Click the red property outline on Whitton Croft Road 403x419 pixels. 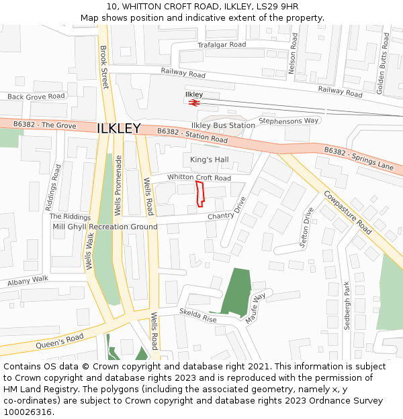pyautogui.click(x=199, y=193)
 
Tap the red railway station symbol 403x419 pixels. pyautogui.click(x=194, y=103)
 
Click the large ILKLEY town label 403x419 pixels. pyautogui.click(x=119, y=129)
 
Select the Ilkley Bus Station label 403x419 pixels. pyautogui.click(x=223, y=125)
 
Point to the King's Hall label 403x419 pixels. pyautogui.click(x=210, y=160)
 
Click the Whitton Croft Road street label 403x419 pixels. pyautogui.click(x=199, y=178)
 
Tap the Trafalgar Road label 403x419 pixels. pyautogui.click(x=222, y=45)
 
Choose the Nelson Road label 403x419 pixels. pyautogui.click(x=292, y=54)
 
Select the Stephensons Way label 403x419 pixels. pyautogui.click(x=289, y=121)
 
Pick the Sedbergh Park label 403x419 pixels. pyautogui.click(x=347, y=305)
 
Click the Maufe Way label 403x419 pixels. pyautogui.click(x=256, y=308)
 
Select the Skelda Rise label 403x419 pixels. pyautogui.click(x=198, y=315)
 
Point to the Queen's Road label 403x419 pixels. pyautogui.click(x=60, y=341)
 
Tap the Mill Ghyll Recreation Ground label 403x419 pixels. pyautogui.click(x=105, y=227)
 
